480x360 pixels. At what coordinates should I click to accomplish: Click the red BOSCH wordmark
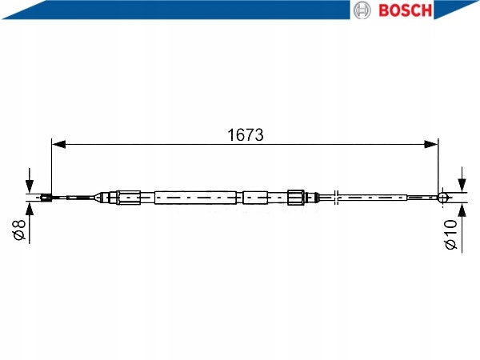[x=405, y=10]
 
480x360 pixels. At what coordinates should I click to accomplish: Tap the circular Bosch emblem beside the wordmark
[x=362, y=10]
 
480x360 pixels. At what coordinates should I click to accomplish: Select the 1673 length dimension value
[x=246, y=134]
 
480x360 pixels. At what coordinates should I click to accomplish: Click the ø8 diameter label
[x=19, y=230]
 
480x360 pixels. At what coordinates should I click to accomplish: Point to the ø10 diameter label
[x=451, y=234]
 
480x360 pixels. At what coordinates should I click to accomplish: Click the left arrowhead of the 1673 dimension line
[x=58, y=144]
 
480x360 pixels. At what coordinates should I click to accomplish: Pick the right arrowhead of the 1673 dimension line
[x=431, y=144]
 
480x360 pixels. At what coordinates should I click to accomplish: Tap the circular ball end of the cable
[x=443, y=198]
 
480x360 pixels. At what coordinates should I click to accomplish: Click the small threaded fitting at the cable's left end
[x=46, y=198]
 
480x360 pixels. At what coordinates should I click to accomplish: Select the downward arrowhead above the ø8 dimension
[x=30, y=186]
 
